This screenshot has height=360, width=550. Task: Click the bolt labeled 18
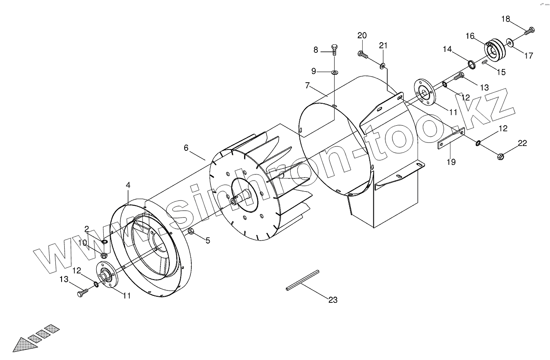(x=530, y=31)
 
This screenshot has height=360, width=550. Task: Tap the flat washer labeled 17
(x=510, y=43)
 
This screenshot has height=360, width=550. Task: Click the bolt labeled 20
(x=363, y=54)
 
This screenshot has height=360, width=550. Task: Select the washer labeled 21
(x=382, y=65)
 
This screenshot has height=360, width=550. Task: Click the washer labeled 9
(x=335, y=72)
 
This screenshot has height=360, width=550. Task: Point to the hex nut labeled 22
(x=500, y=156)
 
